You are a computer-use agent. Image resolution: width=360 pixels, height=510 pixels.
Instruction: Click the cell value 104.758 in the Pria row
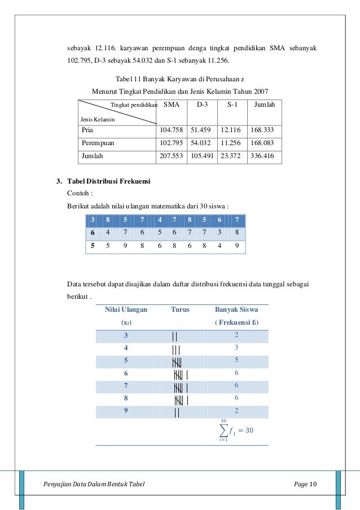click(172, 129)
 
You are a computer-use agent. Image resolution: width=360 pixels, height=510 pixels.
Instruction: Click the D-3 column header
click(203, 105)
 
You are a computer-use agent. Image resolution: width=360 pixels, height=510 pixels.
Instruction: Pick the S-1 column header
click(231, 105)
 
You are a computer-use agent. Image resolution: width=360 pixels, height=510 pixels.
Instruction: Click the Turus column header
click(180, 310)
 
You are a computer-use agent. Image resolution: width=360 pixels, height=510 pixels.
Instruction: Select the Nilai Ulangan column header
click(126, 310)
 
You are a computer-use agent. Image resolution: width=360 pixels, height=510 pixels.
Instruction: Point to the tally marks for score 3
click(175, 336)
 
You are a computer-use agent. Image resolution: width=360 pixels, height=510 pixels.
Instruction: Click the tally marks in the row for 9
click(177, 412)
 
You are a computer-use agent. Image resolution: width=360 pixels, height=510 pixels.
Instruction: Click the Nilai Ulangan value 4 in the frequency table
click(126, 348)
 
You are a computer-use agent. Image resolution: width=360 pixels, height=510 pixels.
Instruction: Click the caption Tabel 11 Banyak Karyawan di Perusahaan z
click(179, 80)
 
